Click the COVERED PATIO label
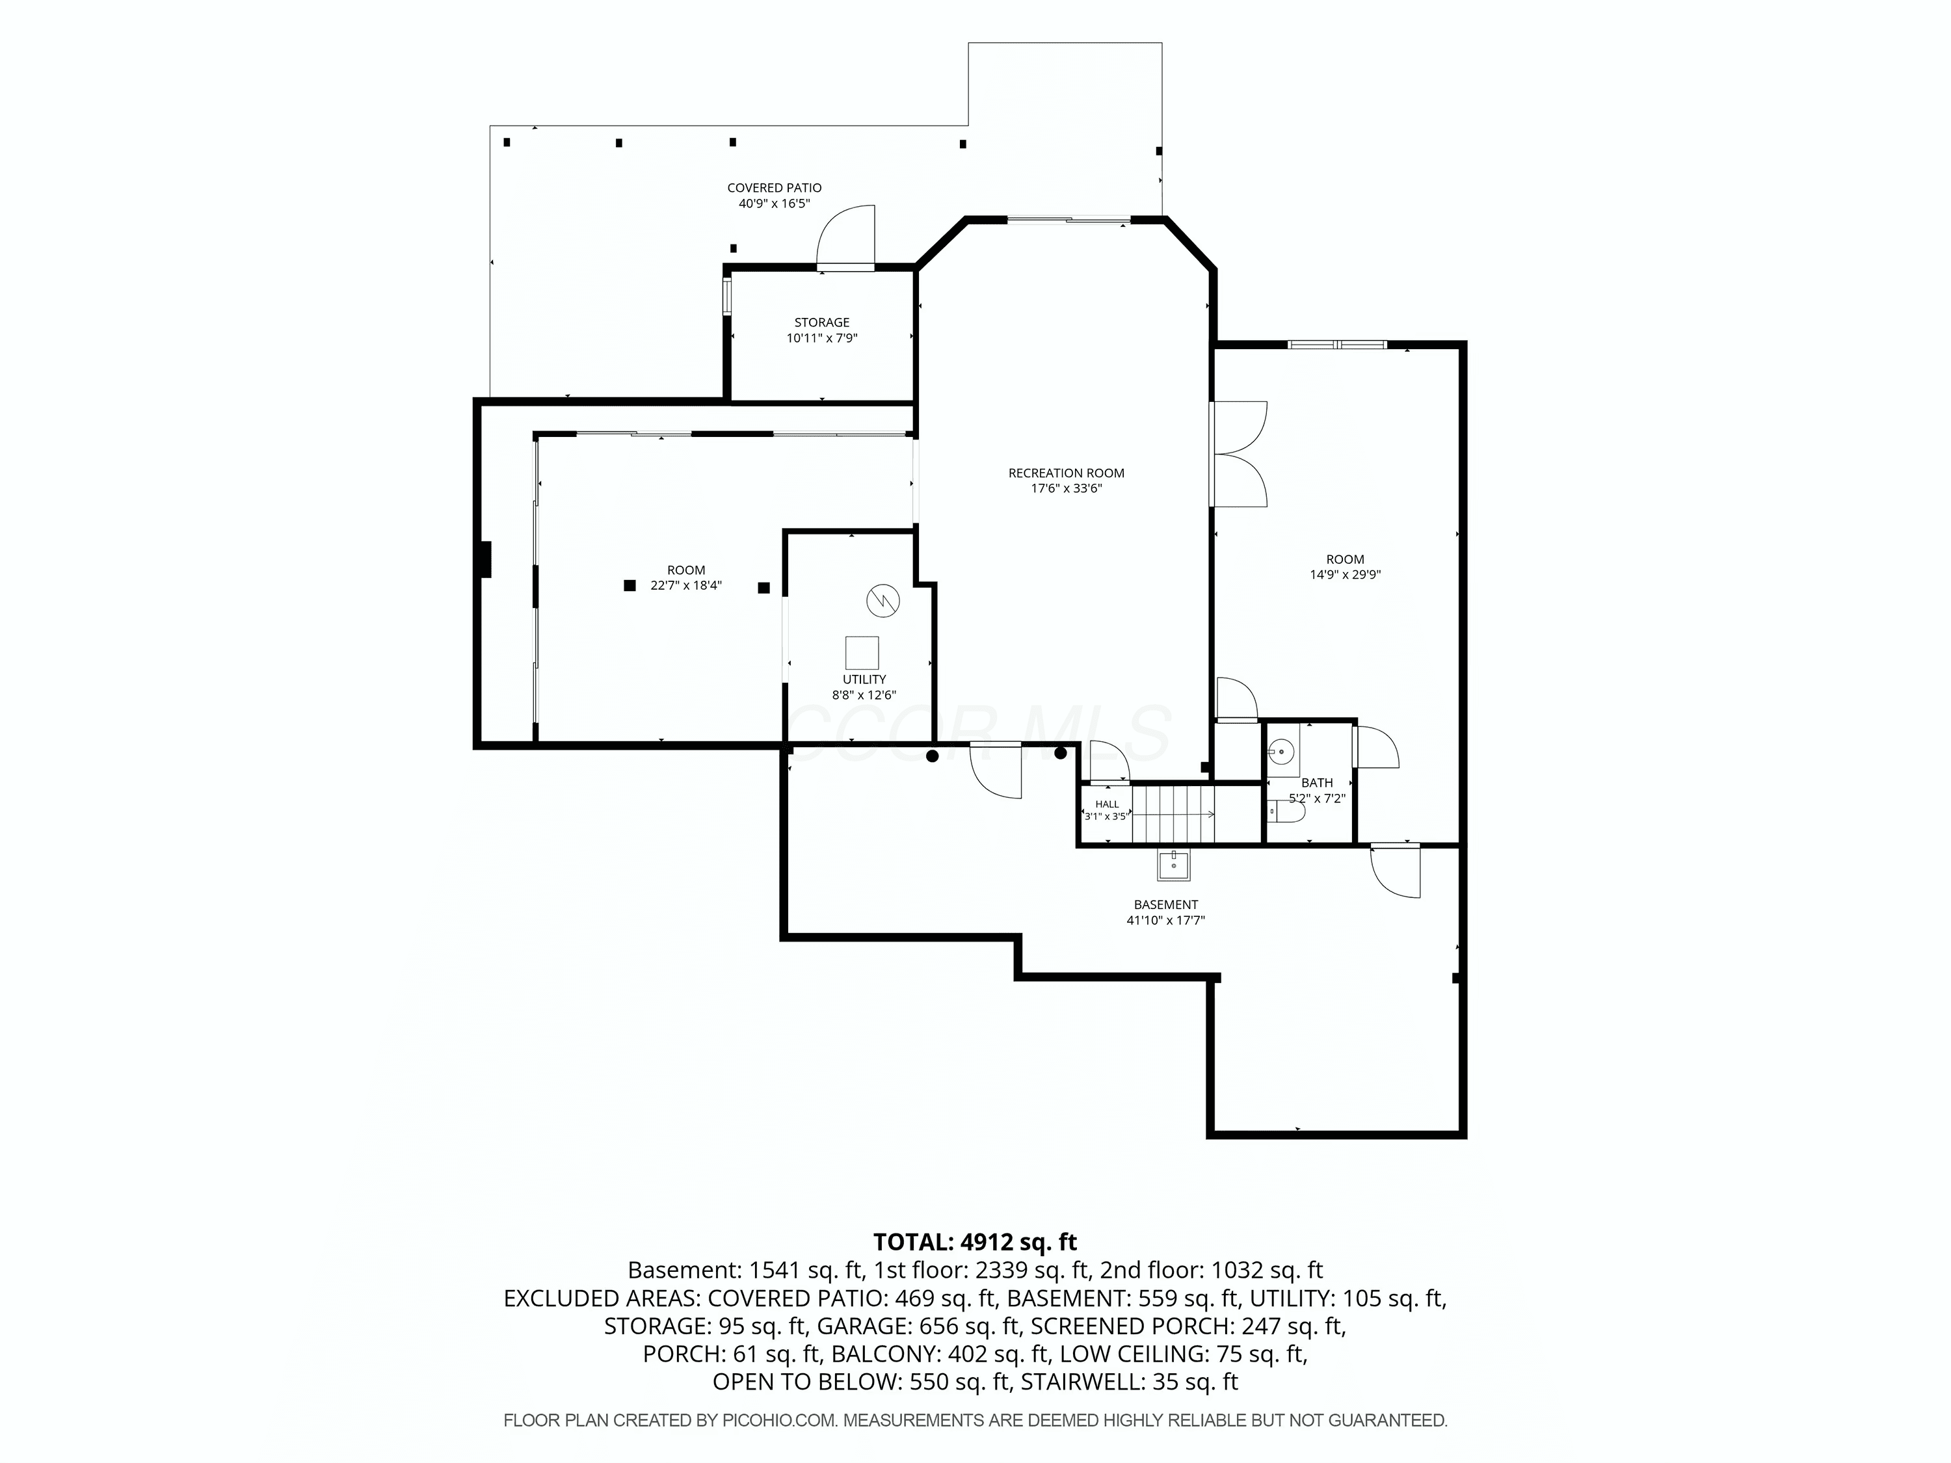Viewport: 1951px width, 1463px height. [x=775, y=188]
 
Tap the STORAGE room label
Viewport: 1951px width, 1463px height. [x=822, y=323]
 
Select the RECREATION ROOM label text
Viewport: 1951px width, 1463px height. [x=1067, y=473]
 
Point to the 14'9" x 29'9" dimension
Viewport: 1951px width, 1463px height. [x=1345, y=575]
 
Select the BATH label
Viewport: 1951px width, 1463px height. [x=1317, y=783]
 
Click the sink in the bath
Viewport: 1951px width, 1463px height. [x=1282, y=753]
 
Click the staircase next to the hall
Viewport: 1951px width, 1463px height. [x=1174, y=814]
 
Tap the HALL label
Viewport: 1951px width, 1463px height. [x=1107, y=804]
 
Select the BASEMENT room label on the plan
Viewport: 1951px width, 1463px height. [x=1166, y=905]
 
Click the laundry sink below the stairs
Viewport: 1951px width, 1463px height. [x=1174, y=866]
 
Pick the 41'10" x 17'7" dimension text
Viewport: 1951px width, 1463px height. [x=1166, y=921]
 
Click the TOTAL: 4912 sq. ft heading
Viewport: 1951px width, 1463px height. [x=975, y=1243]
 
